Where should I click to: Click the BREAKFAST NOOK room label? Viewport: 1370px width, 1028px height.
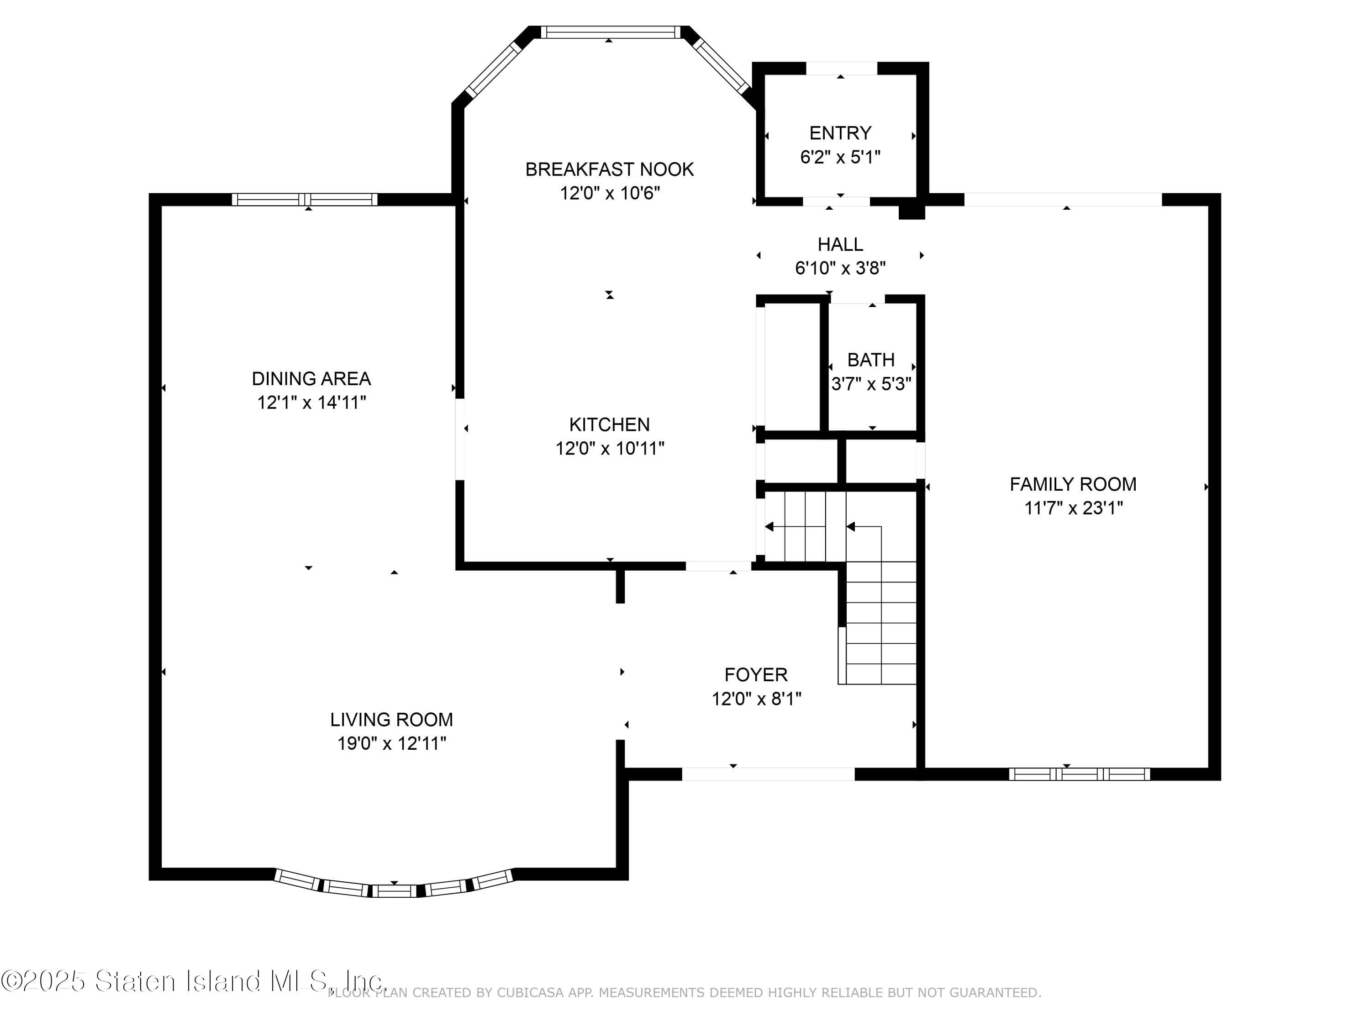coord(610,169)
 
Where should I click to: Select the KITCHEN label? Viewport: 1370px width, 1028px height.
coord(610,424)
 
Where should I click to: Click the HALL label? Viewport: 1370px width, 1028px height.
coord(840,244)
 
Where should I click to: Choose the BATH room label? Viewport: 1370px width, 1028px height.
coord(871,360)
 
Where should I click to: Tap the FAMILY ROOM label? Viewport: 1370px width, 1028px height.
coord(1073,484)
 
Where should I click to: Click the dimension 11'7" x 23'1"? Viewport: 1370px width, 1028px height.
coord(1073,508)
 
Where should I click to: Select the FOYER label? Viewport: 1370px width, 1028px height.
coord(756,675)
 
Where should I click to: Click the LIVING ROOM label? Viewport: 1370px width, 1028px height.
coord(391,720)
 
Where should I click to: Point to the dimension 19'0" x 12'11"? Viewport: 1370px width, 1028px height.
coord(391,743)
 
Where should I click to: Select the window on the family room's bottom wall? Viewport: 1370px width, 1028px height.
coord(1079,774)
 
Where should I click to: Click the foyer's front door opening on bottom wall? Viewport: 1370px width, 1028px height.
coord(768,774)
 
